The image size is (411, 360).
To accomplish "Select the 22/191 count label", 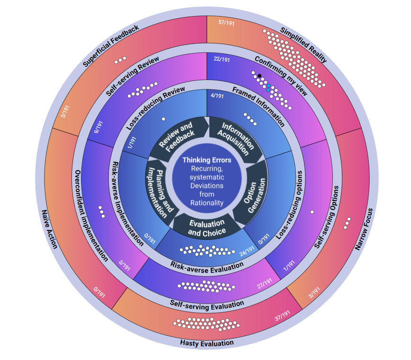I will click(x=222, y=59).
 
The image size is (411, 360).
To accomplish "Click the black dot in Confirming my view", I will click(x=259, y=76).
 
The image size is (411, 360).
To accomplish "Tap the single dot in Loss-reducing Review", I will click(x=163, y=119).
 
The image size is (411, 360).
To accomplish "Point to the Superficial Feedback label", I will click(x=111, y=45).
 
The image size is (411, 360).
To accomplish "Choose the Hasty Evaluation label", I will click(x=207, y=342).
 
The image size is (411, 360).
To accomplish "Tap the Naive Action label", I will click(x=50, y=229).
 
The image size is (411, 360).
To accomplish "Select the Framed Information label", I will click(x=258, y=106).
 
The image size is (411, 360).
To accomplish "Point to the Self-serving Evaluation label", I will click(x=207, y=303).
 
